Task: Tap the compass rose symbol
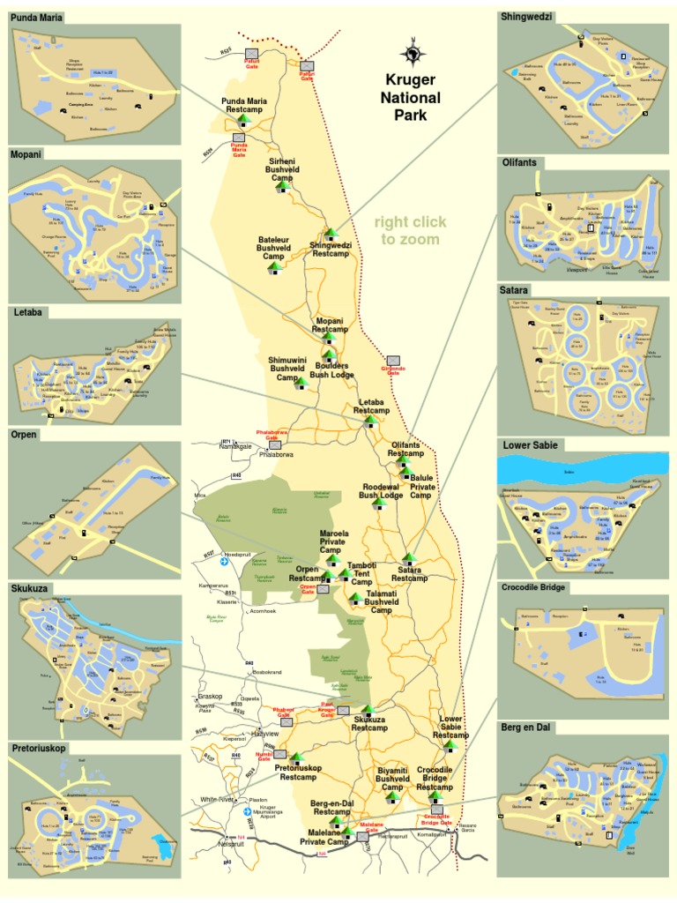point(412,54)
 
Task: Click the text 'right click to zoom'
point(410,230)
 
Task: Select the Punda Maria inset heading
point(38,17)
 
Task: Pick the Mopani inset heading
point(27,154)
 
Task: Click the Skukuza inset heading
point(33,586)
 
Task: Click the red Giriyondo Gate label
point(394,370)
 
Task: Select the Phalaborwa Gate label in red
point(267,435)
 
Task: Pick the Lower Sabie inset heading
point(531,445)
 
